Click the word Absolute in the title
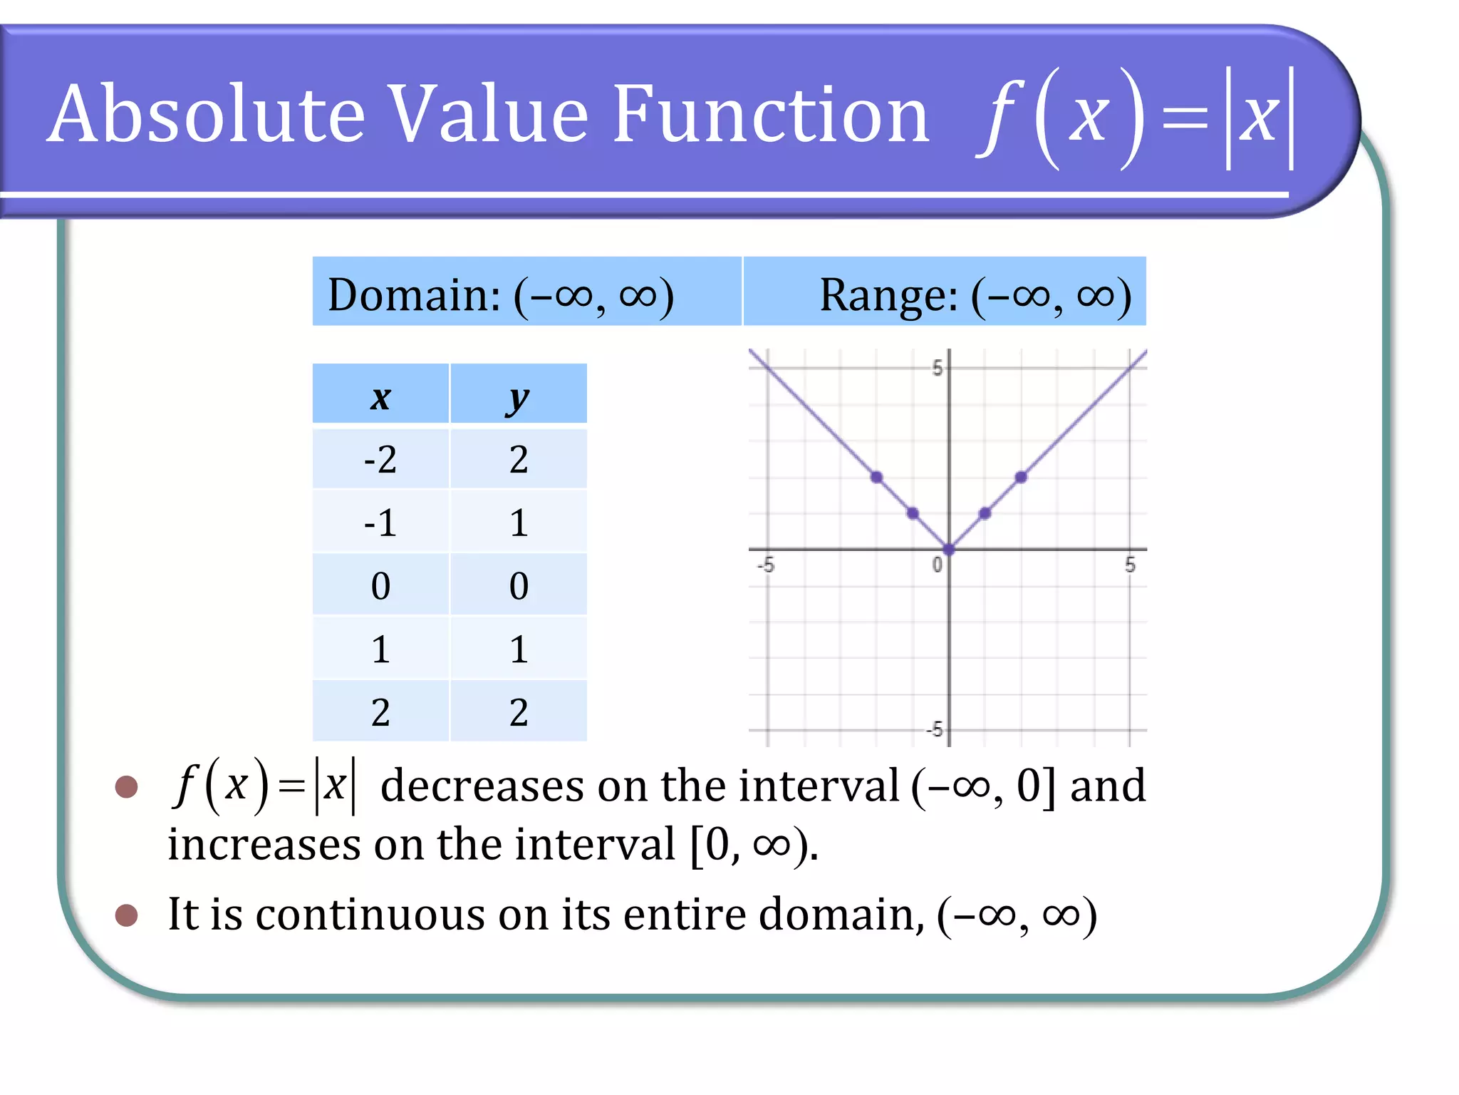(x=207, y=114)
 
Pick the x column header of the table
(x=380, y=396)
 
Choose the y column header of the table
(x=518, y=396)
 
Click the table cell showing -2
(x=380, y=459)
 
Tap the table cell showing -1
(x=380, y=523)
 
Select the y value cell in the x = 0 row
(x=518, y=586)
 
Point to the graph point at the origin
(x=949, y=550)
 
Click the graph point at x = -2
(x=876, y=477)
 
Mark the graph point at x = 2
(x=1021, y=477)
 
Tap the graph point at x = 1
(x=985, y=513)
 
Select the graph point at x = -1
(x=913, y=513)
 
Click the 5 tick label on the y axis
(x=938, y=369)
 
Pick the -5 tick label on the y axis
(x=935, y=729)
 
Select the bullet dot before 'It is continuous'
(x=126, y=915)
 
